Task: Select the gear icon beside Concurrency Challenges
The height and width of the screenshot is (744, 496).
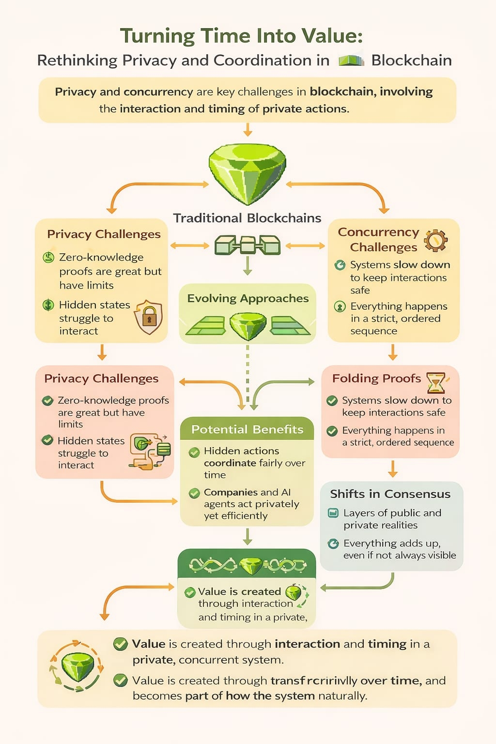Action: click(435, 240)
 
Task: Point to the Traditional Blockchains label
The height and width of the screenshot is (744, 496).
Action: click(247, 218)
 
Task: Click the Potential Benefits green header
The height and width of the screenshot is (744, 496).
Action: click(247, 429)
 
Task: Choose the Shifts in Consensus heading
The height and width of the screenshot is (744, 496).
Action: click(390, 494)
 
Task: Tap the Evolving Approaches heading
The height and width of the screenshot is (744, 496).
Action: click(248, 298)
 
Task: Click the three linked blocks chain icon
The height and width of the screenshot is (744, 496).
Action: click(248, 245)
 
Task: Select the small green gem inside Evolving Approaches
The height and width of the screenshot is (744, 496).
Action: click(248, 325)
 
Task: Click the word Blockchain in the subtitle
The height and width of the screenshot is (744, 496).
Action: click(411, 61)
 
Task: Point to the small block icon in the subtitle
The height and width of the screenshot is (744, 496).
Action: click(351, 61)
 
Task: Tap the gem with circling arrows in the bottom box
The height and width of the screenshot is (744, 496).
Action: click(77, 666)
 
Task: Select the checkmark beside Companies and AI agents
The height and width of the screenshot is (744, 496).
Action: click(194, 493)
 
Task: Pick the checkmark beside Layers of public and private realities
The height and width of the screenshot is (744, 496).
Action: click(333, 513)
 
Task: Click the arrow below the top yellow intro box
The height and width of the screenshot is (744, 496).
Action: click(248, 129)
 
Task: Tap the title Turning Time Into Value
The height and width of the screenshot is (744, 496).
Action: click(241, 36)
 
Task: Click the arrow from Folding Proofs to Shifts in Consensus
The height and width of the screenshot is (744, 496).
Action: click(393, 469)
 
